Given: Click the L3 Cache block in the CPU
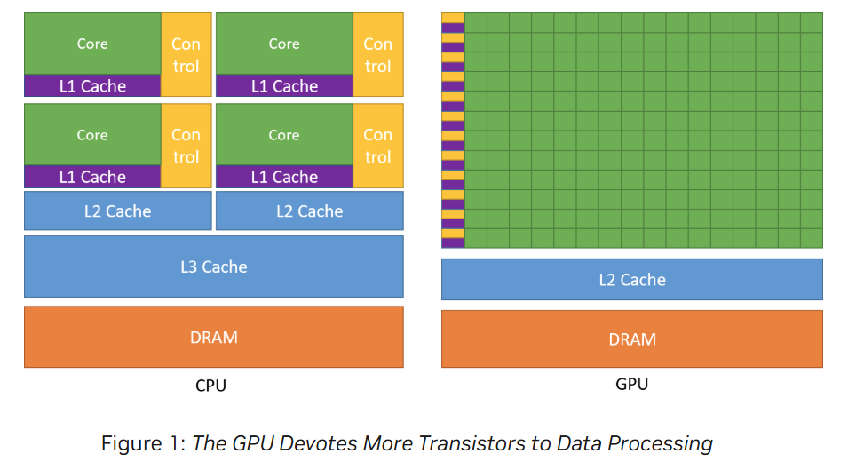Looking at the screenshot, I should coord(213,267).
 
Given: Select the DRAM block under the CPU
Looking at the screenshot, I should coord(213,337).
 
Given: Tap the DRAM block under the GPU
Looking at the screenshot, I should coord(632,339).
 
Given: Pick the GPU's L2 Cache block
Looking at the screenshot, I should coord(632,280).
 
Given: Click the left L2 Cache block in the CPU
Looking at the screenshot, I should coord(117,211).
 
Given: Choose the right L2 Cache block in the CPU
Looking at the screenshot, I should coord(309,211).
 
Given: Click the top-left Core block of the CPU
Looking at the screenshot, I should coord(92,44).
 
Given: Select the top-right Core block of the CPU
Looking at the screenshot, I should coord(284,44).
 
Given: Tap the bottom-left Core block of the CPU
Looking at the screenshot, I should coord(92,135).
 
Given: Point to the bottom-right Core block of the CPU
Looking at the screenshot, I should coord(284,135).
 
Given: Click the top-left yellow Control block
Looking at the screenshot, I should coord(186,54).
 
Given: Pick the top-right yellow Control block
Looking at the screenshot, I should coord(378,54).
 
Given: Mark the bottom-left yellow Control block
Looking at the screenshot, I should coord(186,146).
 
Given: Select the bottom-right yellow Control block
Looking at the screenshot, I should coord(378,146).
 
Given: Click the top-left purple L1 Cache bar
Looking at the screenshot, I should coord(92,86).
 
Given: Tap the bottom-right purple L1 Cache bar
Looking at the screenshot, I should coord(284,178).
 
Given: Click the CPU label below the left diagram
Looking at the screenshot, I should coord(210,386).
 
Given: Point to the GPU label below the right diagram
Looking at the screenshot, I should coord(631,384).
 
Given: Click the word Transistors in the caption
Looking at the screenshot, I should coord(429,442).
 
